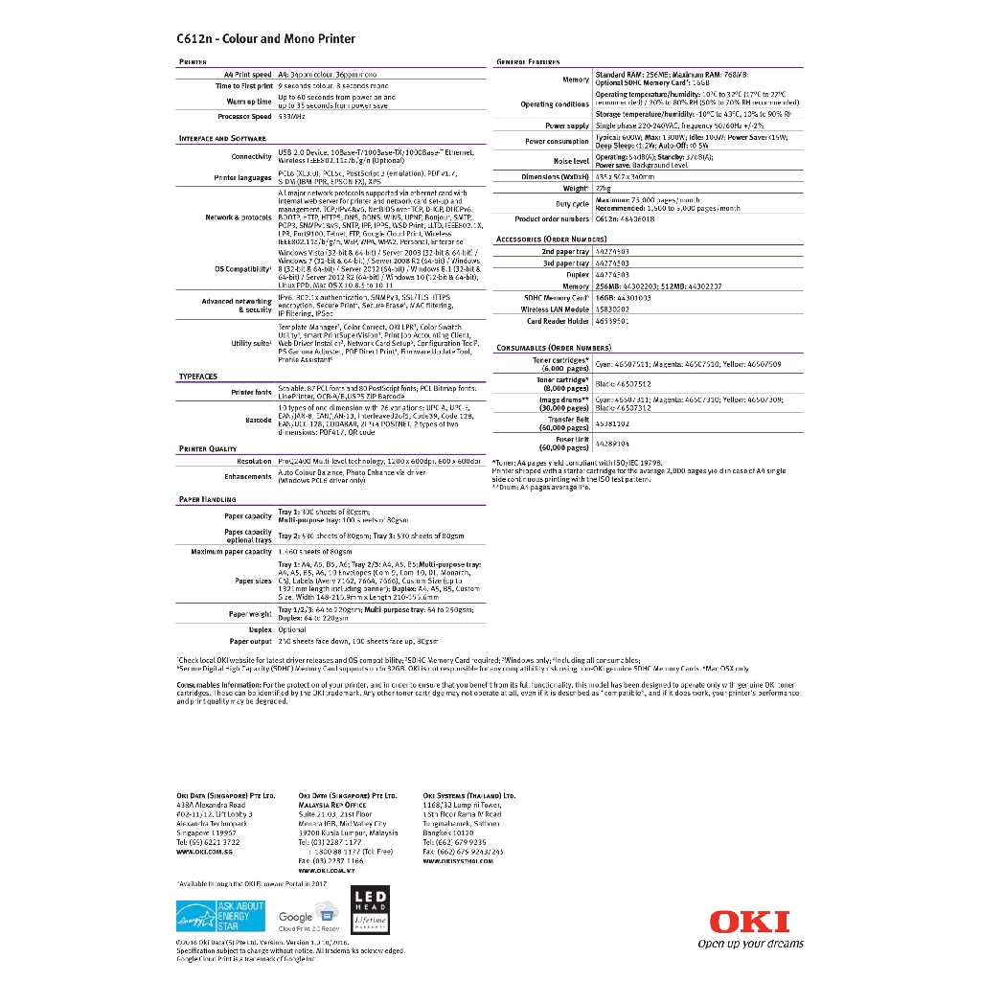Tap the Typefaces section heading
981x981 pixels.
[x=198, y=376]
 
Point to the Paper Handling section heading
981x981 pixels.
[x=207, y=499]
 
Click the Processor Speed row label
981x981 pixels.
[x=244, y=116]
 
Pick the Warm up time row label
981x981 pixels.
[x=249, y=101]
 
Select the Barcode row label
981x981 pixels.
[x=259, y=420]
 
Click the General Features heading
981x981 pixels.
[x=528, y=61]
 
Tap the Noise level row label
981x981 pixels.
[x=571, y=161]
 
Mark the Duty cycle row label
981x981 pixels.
[x=572, y=204]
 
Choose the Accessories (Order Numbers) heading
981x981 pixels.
[x=551, y=239]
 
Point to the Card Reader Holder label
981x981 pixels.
[x=558, y=321]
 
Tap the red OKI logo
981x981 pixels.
[x=749, y=922]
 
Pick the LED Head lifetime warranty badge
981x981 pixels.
[x=371, y=910]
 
